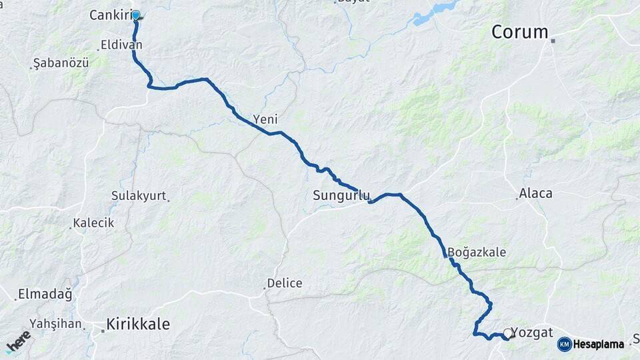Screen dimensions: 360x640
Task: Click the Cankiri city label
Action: (109, 15)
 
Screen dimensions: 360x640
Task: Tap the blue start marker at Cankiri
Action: (136, 15)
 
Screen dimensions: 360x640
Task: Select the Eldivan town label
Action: (120, 45)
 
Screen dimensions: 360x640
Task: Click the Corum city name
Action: (519, 31)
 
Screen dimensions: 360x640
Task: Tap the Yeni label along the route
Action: (265, 120)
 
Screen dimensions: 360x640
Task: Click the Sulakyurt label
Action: (139, 197)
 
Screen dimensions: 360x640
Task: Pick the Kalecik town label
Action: (94, 223)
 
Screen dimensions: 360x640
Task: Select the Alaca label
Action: (536, 193)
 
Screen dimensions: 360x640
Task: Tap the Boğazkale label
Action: (477, 253)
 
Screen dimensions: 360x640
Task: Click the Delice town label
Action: (284, 283)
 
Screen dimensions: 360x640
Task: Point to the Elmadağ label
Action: (45, 293)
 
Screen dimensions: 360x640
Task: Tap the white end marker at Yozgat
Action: (508, 333)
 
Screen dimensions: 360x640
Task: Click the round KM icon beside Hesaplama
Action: (564, 344)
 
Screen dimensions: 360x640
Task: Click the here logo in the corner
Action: (18, 341)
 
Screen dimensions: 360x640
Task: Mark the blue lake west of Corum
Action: (437, 11)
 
